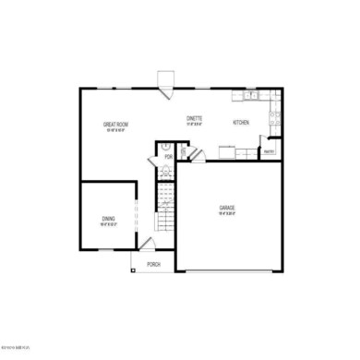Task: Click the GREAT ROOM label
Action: tap(114, 124)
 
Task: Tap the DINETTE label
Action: tap(195, 118)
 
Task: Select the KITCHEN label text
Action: tap(241, 123)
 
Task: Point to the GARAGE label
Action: tap(227, 208)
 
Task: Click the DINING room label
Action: tap(109, 219)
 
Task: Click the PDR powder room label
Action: tap(168, 157)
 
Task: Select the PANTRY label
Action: tap(270, 151)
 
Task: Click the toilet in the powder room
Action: tap(164, 145)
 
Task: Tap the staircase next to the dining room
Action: tap(162, 208)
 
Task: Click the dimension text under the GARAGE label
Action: tap(227, 214)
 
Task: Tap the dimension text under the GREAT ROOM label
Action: tap(114, 130)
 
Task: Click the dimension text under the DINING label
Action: tap(109, 225)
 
